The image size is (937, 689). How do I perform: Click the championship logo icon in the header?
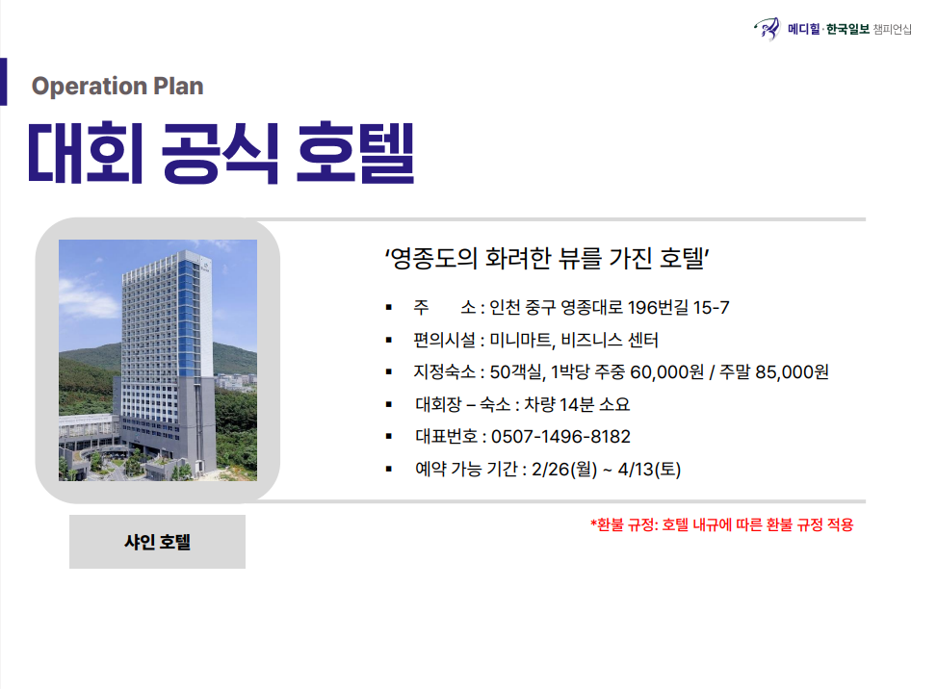click(768, 28)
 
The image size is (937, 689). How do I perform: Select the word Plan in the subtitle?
click(179, 86)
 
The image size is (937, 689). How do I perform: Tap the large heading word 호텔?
click(355, 152)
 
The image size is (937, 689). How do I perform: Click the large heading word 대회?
click(86, 152)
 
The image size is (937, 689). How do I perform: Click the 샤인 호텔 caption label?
click(157, 542)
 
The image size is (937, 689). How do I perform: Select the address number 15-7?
click(711, 308)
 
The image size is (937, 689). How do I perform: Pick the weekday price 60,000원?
click(667, 372)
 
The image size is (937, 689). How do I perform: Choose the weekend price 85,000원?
click(792, 372)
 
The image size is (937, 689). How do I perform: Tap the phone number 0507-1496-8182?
click(560, 437)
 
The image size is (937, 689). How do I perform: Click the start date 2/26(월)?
click(564, 470)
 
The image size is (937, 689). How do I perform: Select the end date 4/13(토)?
click(650, 470)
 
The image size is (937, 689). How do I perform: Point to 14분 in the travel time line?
click(577, 405)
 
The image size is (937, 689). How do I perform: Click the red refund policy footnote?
click(722, 524)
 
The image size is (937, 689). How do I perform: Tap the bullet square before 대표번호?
click(389, 437)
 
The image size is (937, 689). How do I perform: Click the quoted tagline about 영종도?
click(547, 259)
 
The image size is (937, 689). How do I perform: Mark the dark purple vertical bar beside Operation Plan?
click(4, 82)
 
